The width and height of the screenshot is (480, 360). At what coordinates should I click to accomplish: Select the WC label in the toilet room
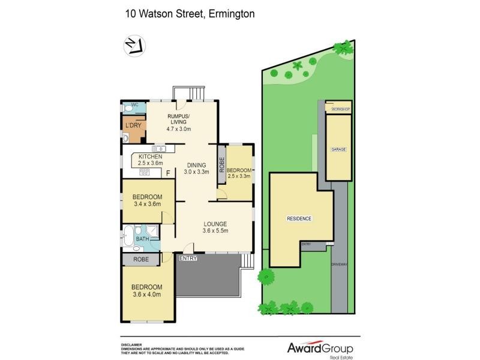(135, 105)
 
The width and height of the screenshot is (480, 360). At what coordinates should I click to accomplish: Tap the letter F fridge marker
(168, 173)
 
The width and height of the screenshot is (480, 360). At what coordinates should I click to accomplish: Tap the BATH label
(142, 239)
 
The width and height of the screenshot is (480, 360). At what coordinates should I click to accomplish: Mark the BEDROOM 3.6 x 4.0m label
(147, 290)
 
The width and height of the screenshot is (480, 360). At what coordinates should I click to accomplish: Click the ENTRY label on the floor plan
(188, 258)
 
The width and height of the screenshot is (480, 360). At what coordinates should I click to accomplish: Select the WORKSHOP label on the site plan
(338, 109)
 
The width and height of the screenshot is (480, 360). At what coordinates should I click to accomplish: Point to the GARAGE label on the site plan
(338, 148)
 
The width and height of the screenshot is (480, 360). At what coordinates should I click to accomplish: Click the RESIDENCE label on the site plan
(299, 218)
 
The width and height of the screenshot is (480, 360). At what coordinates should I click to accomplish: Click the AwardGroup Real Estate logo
(317, 349)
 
